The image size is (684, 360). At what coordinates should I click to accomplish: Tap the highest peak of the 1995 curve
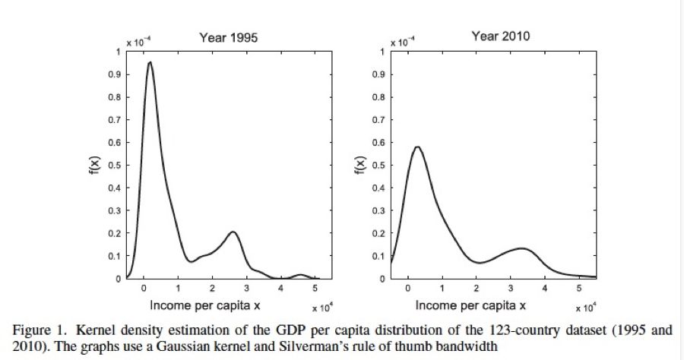click(x=150, y=63)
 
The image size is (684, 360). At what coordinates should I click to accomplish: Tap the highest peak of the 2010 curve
click(x=416, y=147)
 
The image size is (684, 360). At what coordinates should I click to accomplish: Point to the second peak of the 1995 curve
click(x=233, y=232)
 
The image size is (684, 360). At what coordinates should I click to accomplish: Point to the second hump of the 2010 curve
click(x=521, y=248)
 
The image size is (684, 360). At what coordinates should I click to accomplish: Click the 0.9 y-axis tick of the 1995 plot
click(x=116, y=74)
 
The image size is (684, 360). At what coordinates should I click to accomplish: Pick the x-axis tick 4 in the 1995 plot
click(x=281, y=289)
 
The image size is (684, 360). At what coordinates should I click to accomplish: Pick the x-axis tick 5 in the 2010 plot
click(x=579, y=289)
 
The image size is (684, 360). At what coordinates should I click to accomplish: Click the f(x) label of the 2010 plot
click(x=358, y=165)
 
